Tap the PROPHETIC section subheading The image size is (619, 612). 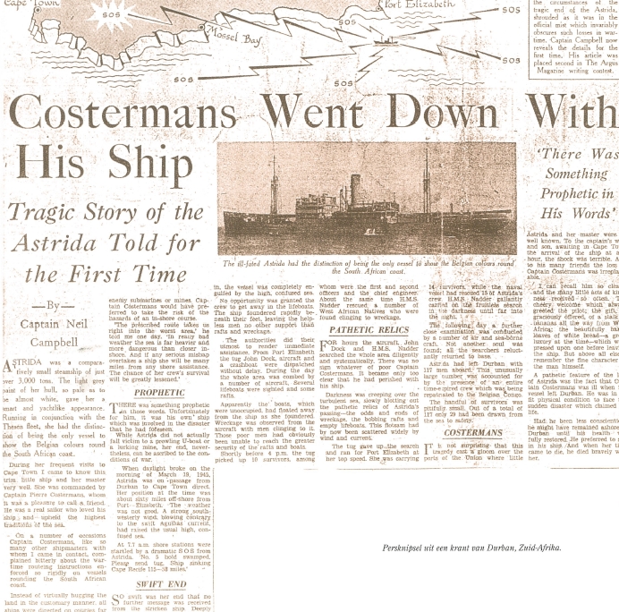159,392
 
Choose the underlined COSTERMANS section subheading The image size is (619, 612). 472,432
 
